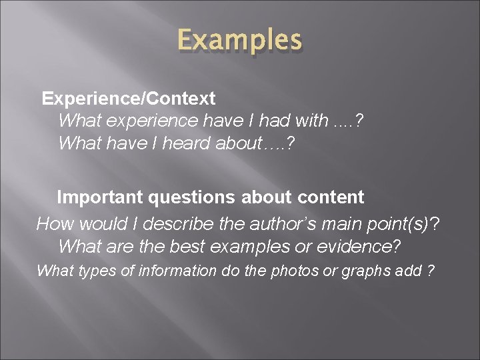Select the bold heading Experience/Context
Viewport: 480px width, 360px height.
tap(129, 99)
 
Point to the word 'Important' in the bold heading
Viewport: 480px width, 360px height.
tap(99, 197)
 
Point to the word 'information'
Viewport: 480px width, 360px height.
tap(170, 271)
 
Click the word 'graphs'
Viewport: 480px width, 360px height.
tap(367, 271)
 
